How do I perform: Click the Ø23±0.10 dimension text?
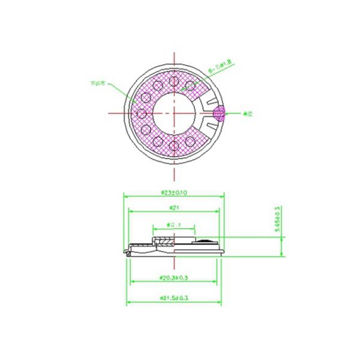(x=173, y=192)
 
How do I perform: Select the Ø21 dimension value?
(x=175, y=208)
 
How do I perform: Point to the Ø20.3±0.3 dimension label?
(x=175, y=278)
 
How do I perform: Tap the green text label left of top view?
(x=97, y=83)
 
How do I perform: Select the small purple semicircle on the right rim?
(x=221, y=112)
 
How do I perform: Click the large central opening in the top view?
(x=174, y=112)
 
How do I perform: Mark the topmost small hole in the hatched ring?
(x=174, y=81)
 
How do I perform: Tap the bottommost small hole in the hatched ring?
(x=174, y=144)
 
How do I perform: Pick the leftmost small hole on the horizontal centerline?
(x=143, y=112)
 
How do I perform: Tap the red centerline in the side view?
(x=174, y=249)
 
